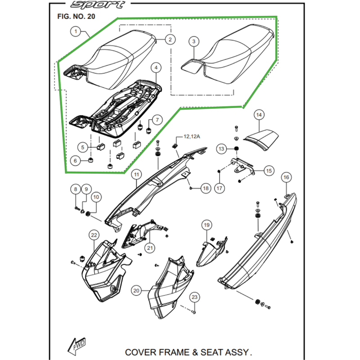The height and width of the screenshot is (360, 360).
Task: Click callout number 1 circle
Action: [x=76, y=32]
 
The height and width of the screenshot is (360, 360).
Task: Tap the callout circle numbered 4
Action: [x=156, y=68]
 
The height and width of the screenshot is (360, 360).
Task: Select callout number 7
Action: [x=157, y=120]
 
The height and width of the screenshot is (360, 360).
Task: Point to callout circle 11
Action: [x=136, y=174]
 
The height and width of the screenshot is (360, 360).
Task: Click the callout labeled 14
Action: [x=259, y=115]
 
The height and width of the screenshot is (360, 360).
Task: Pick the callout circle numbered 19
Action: [x=206, y=225]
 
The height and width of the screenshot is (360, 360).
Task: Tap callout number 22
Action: [x=94, y=235]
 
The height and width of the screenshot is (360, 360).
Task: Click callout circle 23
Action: [x=194, y=297]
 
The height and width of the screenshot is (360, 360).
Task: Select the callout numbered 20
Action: [x=137, y=291]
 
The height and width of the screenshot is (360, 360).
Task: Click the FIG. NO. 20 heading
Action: [x=76, y=17]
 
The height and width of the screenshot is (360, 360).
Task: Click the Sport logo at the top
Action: [x=97, y=5]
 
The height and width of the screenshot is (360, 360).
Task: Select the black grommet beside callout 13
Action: [x=236, y=149]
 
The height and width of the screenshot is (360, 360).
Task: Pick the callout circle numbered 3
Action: [x=194, y=41]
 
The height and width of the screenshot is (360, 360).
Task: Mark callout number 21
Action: [x=149, y=247]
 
